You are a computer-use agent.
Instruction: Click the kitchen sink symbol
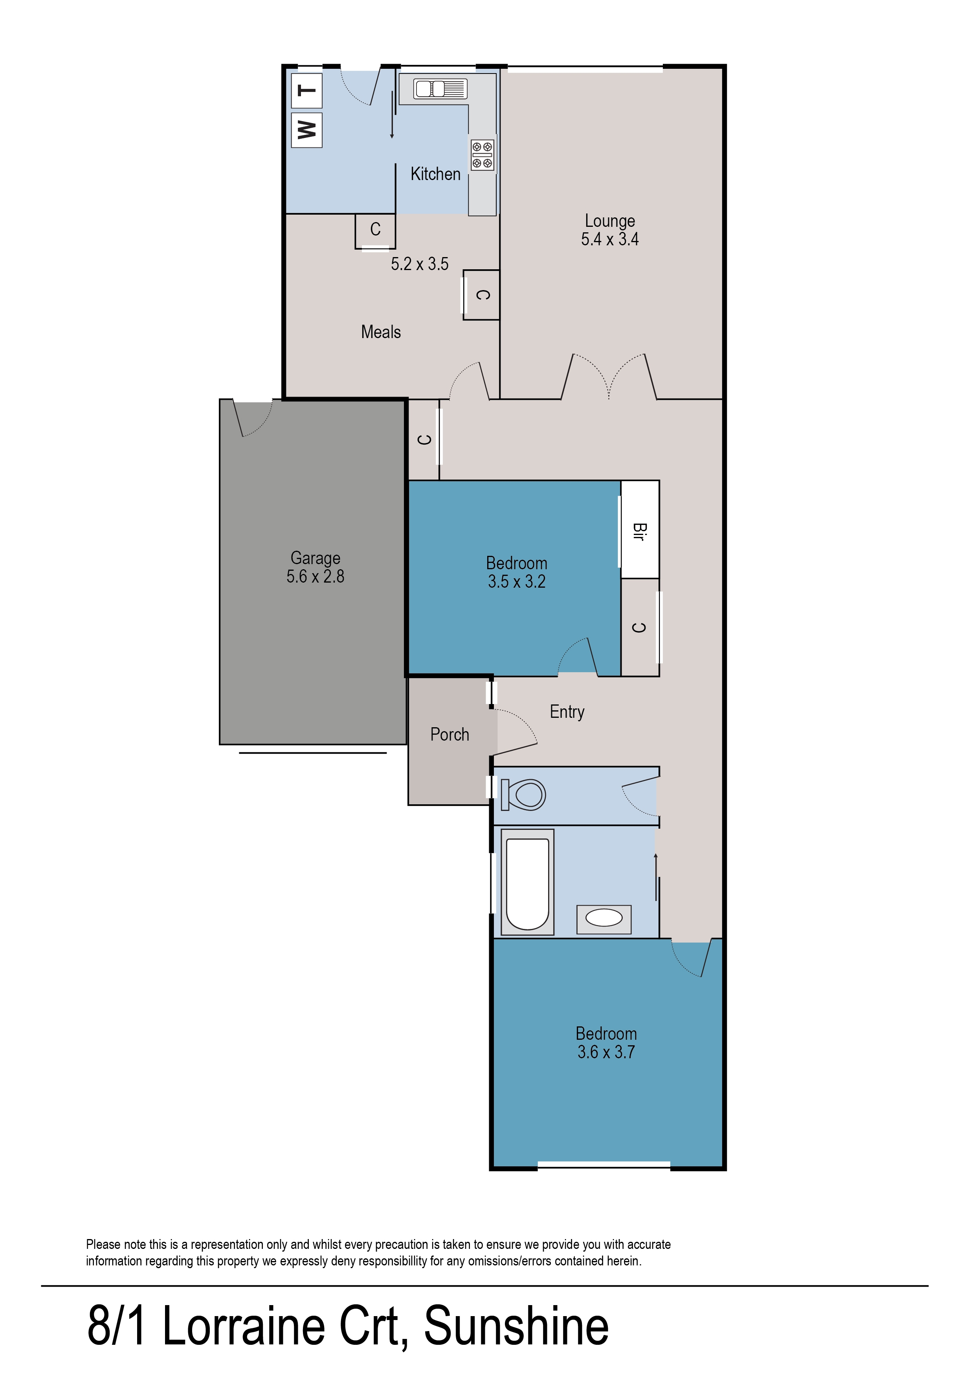(440, 89)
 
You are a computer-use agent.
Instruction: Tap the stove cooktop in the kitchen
(482, 154)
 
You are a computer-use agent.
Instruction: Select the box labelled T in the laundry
(306, 91)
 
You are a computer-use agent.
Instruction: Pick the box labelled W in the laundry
(306, 130)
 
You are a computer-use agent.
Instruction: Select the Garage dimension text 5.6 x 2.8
(316, 577)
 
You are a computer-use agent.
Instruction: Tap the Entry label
(567, 712)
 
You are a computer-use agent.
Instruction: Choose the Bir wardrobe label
(639, 531)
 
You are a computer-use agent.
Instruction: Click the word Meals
(381, 332)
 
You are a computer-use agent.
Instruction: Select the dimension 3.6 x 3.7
(606, 1052)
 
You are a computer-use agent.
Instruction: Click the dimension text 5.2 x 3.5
(420, 264)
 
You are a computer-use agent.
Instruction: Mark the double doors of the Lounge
(609, 376)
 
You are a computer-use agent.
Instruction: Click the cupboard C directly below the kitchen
(375, 231)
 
